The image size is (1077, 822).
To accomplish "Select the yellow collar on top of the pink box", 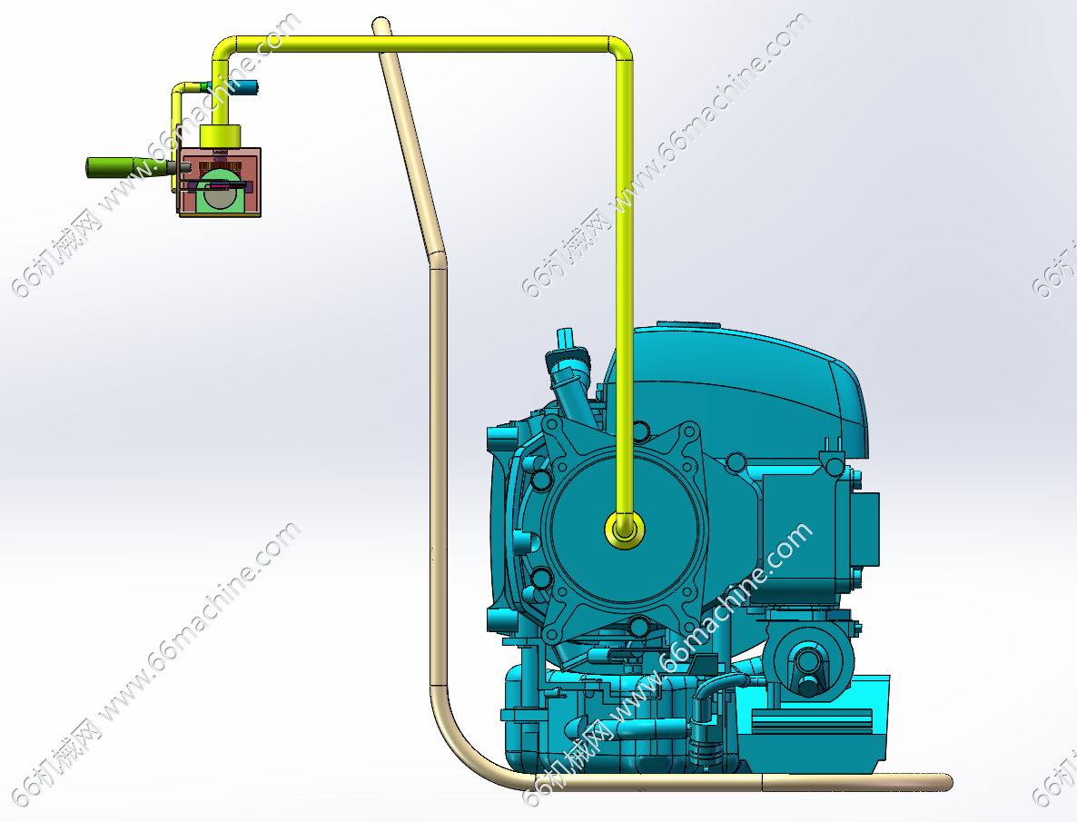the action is [x=220, y=135].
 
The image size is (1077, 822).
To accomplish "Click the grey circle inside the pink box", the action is [x=219, y=196].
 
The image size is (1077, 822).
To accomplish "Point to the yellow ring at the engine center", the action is [x=625, y=530].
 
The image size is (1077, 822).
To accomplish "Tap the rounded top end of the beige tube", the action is [x=382, y=27].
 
